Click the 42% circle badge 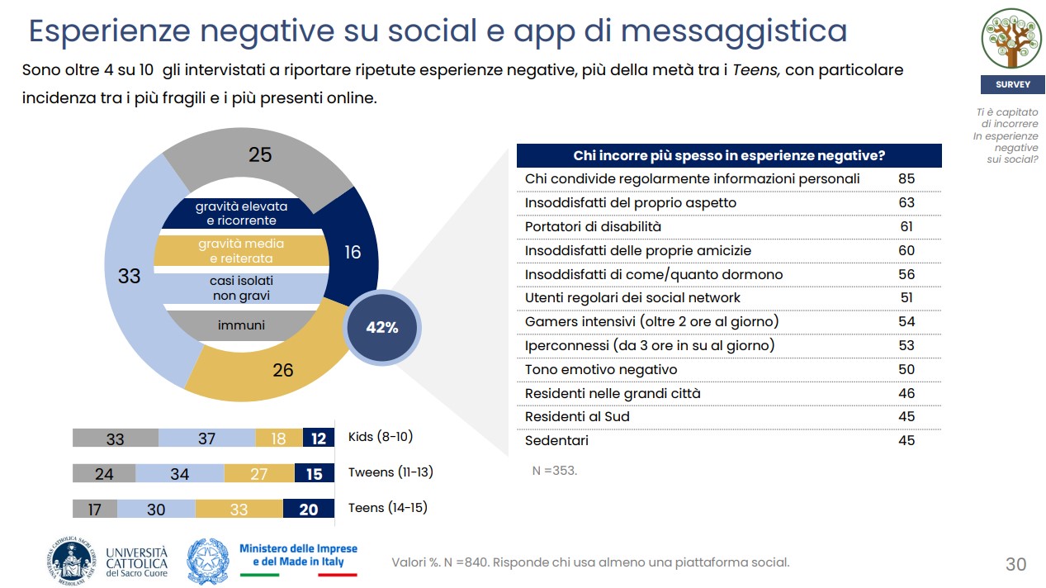click(382, 328)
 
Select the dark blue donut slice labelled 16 click(353, 251)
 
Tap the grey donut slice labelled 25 click(260, 155)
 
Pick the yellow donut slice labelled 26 click(282, 369)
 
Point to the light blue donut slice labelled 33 click(130, 276)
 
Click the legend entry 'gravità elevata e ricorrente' click(242, 214)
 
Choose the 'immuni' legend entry click(242, 325)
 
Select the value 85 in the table click(906, 178)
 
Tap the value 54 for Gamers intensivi click(906, 321)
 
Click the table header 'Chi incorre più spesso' click(729, 156)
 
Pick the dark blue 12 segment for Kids click(319, 439)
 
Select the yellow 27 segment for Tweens click(259, 474)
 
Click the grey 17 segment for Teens click(95, 510)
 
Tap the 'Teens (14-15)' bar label click(388, 508)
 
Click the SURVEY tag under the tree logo click(1012, 84)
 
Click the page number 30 click(1015, 564)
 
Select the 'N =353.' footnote click(555, 471)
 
